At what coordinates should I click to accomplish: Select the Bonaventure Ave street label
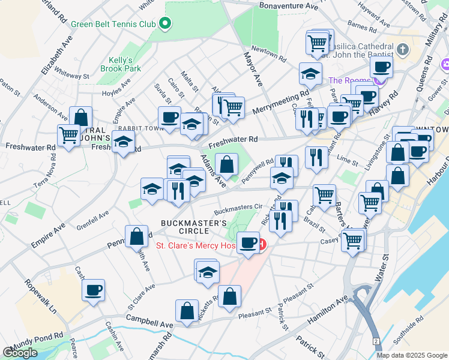289,6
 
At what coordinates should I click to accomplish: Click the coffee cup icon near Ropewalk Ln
94,291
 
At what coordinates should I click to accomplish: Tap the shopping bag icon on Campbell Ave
187,311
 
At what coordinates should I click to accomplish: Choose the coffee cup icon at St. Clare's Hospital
248,243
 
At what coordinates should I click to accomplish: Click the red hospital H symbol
262,245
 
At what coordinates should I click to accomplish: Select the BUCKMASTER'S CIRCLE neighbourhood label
194,227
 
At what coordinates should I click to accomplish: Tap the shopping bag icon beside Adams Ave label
227,164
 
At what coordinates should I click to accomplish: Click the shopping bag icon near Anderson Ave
80,117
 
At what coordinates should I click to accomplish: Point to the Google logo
20,353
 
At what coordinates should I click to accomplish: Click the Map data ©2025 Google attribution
412,355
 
